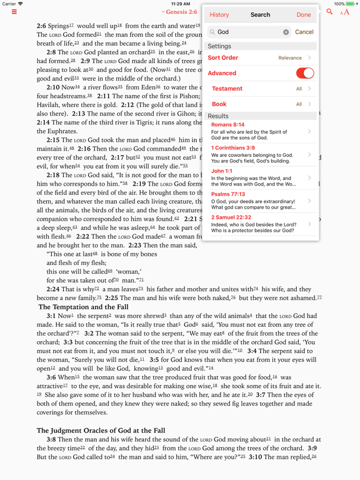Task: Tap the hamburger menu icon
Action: (14, 12)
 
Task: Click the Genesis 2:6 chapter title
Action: (179, 12)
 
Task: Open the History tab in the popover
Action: (219, 15)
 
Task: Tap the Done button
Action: (304, 15)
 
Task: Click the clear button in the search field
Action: (286, 32)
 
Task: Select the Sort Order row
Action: (260, 58)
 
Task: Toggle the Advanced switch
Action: (304, 73)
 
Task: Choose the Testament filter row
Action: (260, 89)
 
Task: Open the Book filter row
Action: (260, 104)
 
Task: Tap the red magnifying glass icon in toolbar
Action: (329, 12)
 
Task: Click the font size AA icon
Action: (344, 12)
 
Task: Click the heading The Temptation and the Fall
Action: (83, 307)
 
